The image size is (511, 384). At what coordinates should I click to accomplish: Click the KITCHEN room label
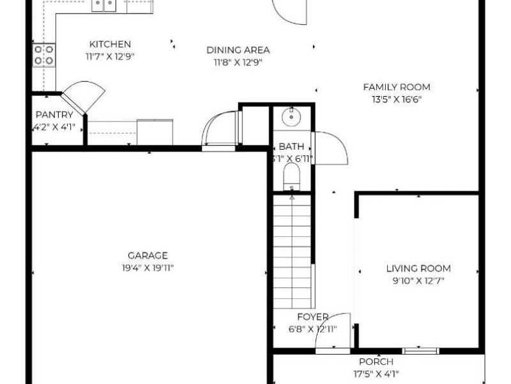click(x=110, y=45)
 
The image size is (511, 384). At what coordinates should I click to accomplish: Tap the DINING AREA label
click(x=238, y=50)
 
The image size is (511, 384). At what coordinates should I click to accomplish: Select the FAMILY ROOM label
click(x=397, y=87)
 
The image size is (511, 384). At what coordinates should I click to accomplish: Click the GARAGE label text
click(x=148, y=255)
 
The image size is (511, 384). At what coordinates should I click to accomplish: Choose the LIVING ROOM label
click(x=418, y=269)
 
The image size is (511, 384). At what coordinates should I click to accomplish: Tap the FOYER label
click(x=313, y=317)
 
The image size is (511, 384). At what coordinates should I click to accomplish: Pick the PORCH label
click(x=376, y=362)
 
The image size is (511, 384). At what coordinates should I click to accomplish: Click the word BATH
click(x=291, y=147)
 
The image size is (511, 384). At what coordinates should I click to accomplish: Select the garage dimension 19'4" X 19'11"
click(x=148, y=268)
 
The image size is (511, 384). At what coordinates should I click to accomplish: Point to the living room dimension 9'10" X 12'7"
click(x=418, y=280)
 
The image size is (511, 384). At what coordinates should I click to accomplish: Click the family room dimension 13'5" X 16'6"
click(x=397, y=99)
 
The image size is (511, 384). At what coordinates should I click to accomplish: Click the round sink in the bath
click(x=292, y=116)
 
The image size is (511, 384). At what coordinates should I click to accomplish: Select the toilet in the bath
click(x=291, y=176)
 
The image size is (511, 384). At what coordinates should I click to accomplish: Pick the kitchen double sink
click(x=104, y=6)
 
